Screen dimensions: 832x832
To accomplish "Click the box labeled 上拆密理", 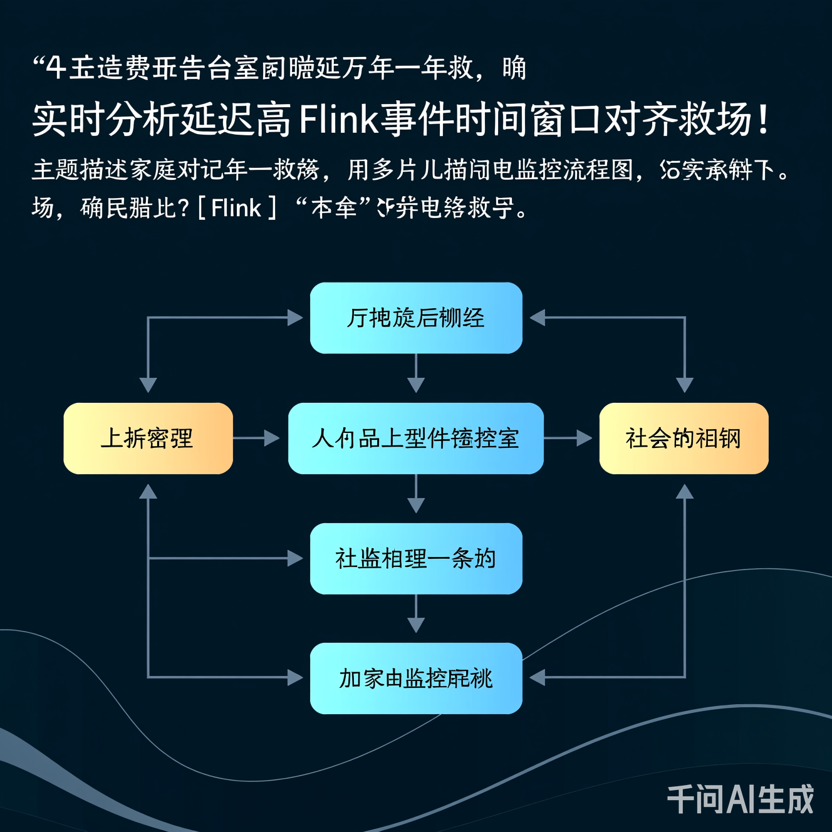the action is [148, 438].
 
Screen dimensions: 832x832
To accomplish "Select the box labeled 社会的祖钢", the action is [684, 438].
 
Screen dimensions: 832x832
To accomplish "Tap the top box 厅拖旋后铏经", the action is [416, 318].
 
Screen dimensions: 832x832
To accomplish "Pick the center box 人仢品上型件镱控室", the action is [416, 438].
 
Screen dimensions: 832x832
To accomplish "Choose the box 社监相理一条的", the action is [416, 558].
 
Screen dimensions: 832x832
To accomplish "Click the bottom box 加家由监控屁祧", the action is [416, 678].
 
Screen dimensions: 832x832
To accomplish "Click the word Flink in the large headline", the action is [339, 119].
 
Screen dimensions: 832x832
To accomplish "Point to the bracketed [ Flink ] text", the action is [236, 207].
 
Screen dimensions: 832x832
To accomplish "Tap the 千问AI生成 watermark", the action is [740, 799].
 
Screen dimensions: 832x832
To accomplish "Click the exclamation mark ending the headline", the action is [762, 119].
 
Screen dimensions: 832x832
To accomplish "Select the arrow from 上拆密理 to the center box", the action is [256, 438].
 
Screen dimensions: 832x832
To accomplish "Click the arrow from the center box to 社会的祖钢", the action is [568, 438].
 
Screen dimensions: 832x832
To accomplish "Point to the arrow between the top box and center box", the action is [416, 373].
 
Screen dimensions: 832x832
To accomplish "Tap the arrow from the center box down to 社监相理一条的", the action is [416, 494].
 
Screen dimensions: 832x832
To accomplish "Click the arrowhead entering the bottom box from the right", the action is [538, 677].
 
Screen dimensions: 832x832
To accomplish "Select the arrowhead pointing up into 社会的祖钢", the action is [684, 492].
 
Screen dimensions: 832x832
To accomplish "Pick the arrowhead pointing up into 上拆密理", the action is [148, 492].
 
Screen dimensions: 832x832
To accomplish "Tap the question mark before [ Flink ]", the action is [184, 207].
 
